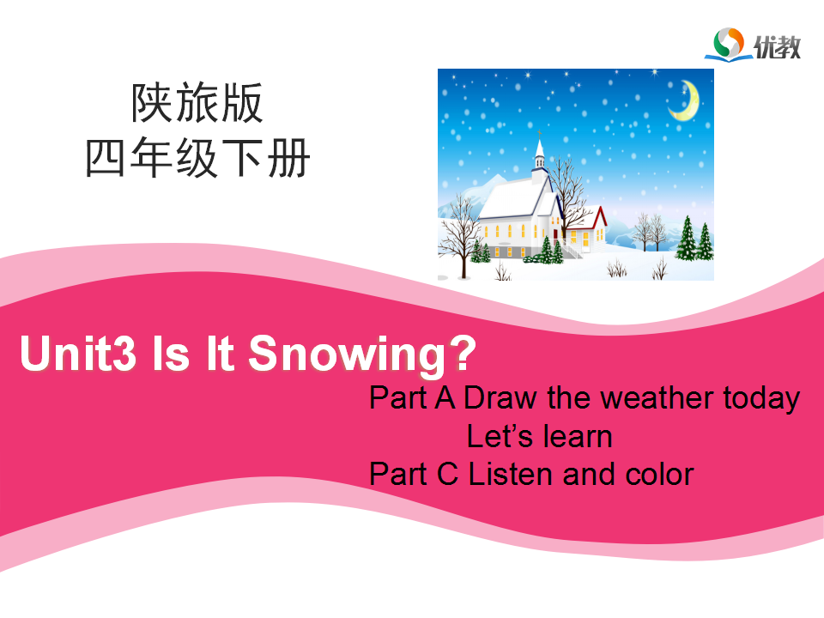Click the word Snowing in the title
348,354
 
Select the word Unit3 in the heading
78,353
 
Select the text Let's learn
540,436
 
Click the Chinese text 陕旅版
197,103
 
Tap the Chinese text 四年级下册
197,158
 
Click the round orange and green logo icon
729,42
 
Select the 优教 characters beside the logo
778,47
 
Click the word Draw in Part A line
500,397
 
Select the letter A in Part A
445,397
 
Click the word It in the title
220,353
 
